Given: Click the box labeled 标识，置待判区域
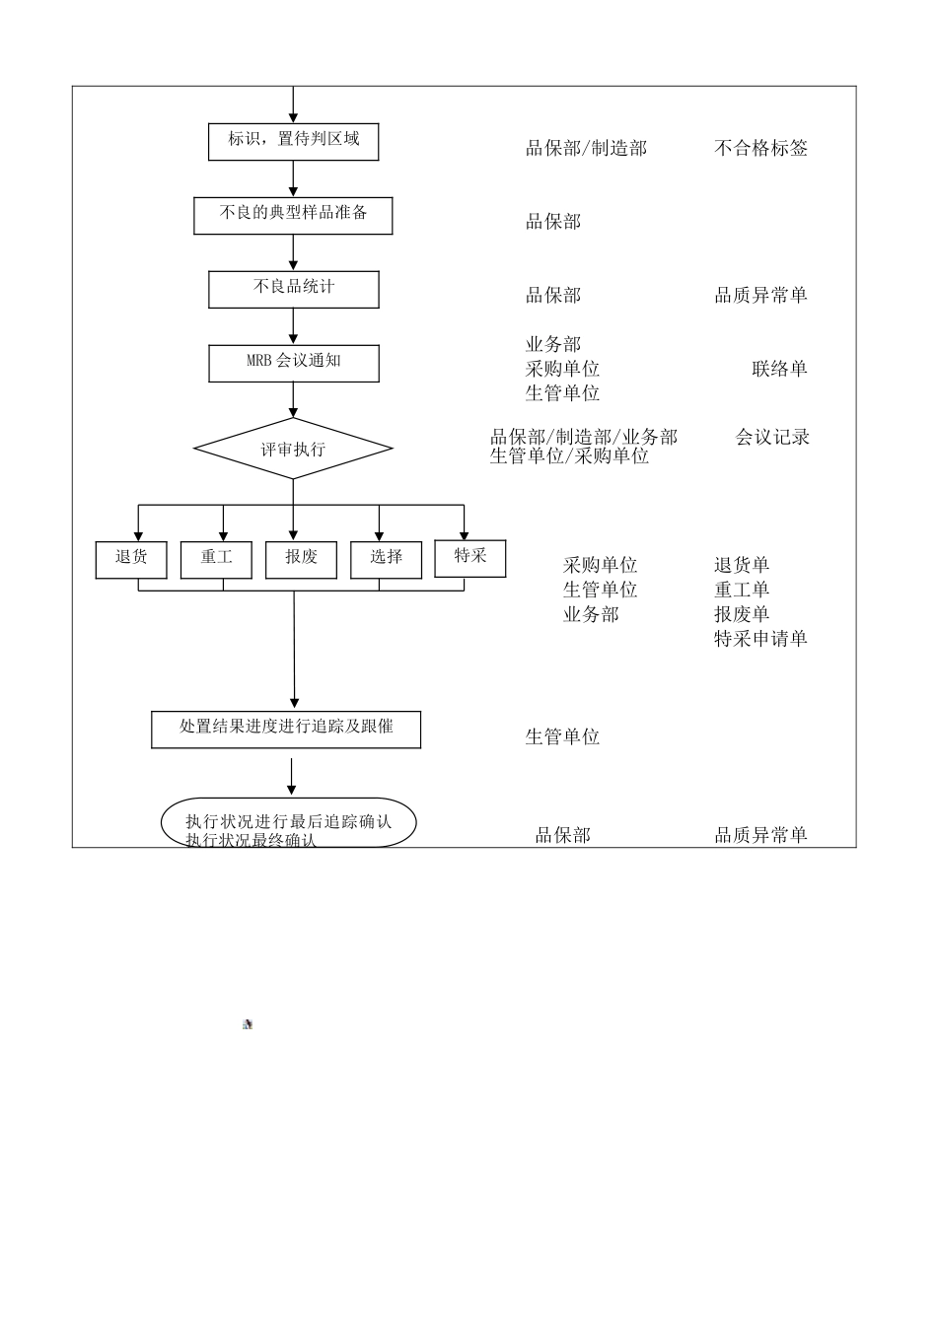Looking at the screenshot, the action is [x=293, y=141].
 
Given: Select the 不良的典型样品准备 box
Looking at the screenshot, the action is [x=293, y=215].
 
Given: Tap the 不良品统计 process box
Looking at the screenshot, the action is [x=294, y=289].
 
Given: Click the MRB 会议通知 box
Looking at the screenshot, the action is [x=294, y=363].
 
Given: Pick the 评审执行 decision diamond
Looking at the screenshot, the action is [x=293, y=449].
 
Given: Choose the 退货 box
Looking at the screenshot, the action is [x=131, y=560].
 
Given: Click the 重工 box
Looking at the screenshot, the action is [x=216, y=560].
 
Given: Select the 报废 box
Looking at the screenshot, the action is [x=301, y=560].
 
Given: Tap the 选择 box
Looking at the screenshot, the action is [x=386, y=560].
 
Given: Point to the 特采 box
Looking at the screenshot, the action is [x=470, y=558].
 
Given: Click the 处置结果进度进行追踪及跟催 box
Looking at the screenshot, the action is [x=286, y=730].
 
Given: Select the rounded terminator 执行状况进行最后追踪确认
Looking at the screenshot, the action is [x=289, y=822].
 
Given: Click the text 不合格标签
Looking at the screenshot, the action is [x=760, y=148].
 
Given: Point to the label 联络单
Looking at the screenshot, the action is [x=779, y=369].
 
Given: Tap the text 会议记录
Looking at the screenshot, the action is [x=772, y=437].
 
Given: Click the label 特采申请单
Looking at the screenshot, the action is [x=760, y=638].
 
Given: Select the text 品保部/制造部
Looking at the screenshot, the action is [x=586, y=148].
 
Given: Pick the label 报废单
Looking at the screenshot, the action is [x=742, y=614].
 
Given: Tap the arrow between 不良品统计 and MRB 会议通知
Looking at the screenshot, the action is [x=293, y=326].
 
